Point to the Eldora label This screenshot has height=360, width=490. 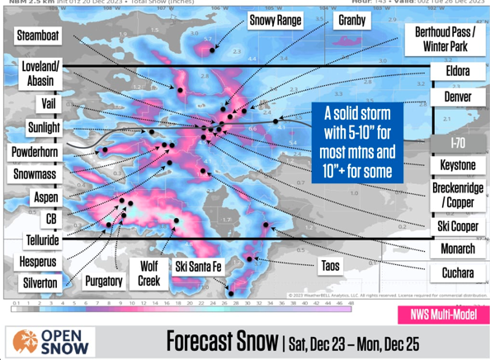tap(457, 72)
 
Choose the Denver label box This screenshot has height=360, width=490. tap(457, 97)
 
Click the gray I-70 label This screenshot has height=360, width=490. tap(457, 142)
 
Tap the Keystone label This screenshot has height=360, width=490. tap(457, 165)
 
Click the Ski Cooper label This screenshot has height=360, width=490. tap(456, 226)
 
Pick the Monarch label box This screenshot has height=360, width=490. tap(457, 249)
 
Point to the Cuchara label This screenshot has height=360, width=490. tap(456, 272)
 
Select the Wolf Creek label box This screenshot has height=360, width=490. tap(148, 273)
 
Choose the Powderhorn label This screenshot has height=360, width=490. tap(35, 153)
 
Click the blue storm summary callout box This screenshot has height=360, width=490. tap(357, 142)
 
